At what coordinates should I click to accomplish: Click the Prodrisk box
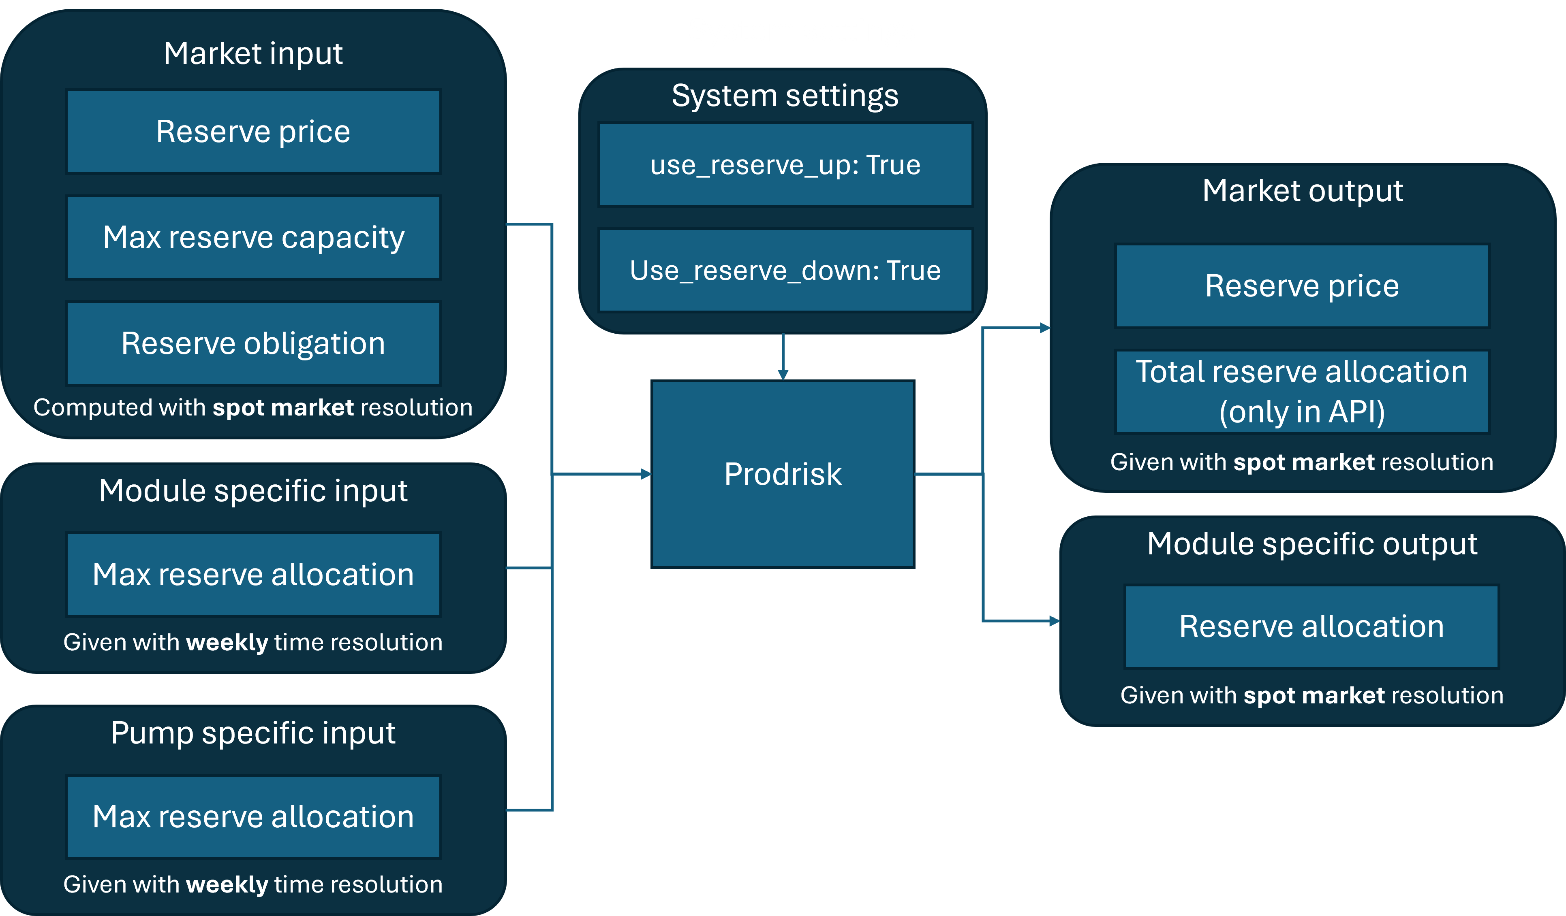pos(782,474)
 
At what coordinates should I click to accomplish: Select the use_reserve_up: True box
pos(785,164)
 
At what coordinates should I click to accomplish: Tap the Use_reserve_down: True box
pos(785,270)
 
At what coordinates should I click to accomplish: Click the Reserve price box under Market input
pos(253,132)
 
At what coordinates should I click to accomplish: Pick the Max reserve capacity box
pos(253,237)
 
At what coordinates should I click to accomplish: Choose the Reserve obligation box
pos(253,343)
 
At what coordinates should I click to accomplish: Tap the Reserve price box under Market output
pos(1302,285)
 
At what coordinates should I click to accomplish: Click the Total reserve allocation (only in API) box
pos(1302,391)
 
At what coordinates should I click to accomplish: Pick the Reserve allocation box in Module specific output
pos(1311,626)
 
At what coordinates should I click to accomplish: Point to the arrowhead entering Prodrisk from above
pos(783,375)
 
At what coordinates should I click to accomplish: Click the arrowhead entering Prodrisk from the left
pos(646,474)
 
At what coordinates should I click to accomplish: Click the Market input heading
pos(253,53)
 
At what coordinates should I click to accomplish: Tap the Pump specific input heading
pos(253,733)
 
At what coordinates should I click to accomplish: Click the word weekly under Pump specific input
pos(227,884)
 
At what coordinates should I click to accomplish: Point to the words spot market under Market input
pos(283,407)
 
